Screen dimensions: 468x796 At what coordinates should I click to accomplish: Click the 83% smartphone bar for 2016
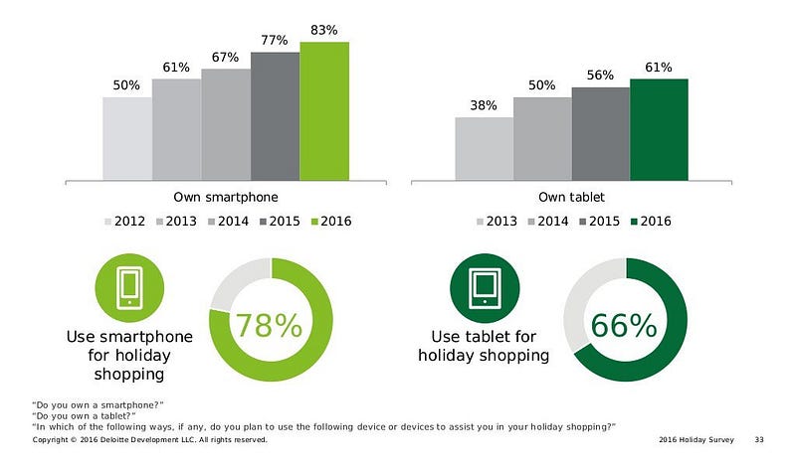click(x=324, y=111)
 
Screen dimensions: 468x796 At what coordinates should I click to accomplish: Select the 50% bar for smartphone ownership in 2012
click(x=127, y=139)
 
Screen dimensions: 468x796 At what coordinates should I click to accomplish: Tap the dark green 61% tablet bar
click(x=659, y=130)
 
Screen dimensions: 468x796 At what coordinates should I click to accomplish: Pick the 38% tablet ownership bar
click(x=485, y=149)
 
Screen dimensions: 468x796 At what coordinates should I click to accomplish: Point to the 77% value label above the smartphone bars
click(x=275, y=41)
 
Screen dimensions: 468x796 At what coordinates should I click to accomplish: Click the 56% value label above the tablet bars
click(x=600, y=76)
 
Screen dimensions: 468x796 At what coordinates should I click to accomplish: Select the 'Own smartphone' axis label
click(x=225, y=198)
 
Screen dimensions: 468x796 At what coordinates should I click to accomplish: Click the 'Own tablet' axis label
click(x=571, y=198)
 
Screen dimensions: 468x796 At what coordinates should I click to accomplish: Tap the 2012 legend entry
click(x=126, y=221)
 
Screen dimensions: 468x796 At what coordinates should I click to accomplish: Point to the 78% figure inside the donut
click(x=269, y=325)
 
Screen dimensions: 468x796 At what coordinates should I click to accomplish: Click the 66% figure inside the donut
click(x=624, y=325)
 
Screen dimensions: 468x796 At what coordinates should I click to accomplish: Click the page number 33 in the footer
click(x=759, y=439)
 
